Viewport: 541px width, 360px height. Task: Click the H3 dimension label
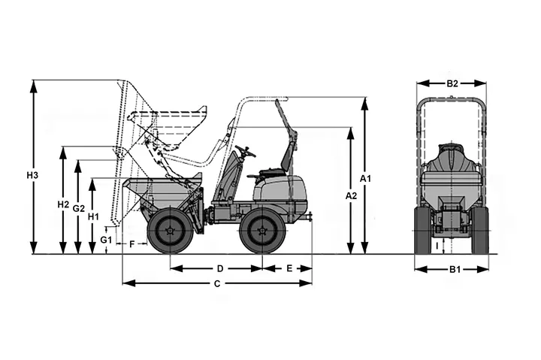click(x=32, y=175)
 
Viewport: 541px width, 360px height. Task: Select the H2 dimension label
click(x=63, y=204)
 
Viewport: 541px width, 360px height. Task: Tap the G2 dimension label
click(x=79, y=208)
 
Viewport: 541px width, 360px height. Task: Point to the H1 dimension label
click(x=93, y=216)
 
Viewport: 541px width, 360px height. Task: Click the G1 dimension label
click(x=106, y=240)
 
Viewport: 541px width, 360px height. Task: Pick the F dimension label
click(x=131, y=244)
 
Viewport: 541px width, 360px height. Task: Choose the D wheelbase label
click(x=220, y=268)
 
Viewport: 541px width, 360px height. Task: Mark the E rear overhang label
click(x=289, y=268)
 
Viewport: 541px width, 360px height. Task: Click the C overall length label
click(x=217, y=284)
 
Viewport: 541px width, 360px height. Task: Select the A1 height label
click(x=365, y=179)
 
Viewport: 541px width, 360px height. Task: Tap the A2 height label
click(x=351, y=196)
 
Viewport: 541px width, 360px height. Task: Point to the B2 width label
click(x=452, y=83)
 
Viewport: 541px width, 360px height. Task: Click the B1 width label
click(x=455, y=270)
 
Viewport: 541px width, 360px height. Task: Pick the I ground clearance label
click(x=437, y=246)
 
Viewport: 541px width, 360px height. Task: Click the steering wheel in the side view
click(x=245, y=151)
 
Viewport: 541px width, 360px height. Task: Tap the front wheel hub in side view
click(x=170, y=231)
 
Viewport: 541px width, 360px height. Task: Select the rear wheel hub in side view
click(x=263, y=231)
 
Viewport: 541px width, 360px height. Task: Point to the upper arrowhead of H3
click(x=34, y=86)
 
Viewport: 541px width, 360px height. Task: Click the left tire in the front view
click(x=423, y=230)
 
